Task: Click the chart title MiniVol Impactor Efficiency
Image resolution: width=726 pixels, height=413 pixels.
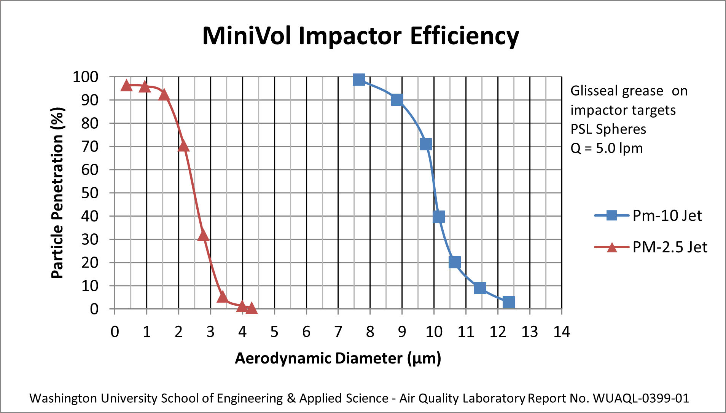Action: [360, 36]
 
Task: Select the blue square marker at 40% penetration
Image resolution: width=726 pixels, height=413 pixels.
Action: [438, 217]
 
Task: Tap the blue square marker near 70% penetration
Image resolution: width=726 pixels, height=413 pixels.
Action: [425, 144]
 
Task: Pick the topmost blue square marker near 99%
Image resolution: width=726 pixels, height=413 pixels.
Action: [358, 79]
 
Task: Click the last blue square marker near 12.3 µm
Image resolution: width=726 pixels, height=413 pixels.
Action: [508, 302]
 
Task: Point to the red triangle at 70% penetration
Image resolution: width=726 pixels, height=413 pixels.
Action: [183, 146]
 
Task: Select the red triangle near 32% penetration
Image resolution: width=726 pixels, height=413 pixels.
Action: [203, 236]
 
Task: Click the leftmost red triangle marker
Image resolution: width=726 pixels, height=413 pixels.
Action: [126, 86]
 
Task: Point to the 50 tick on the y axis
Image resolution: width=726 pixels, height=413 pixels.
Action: [90, 193]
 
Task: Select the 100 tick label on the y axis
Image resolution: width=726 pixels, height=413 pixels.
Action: [86, 77]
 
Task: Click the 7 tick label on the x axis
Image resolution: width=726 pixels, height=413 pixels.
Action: [338, 332]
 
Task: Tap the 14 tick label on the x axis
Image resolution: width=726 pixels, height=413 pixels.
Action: [561, 332]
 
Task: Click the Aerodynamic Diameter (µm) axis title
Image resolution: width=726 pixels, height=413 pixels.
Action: [338, 358]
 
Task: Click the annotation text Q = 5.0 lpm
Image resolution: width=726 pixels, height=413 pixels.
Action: [607, 148]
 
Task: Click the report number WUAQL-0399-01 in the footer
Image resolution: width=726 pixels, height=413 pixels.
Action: [641, 398]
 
